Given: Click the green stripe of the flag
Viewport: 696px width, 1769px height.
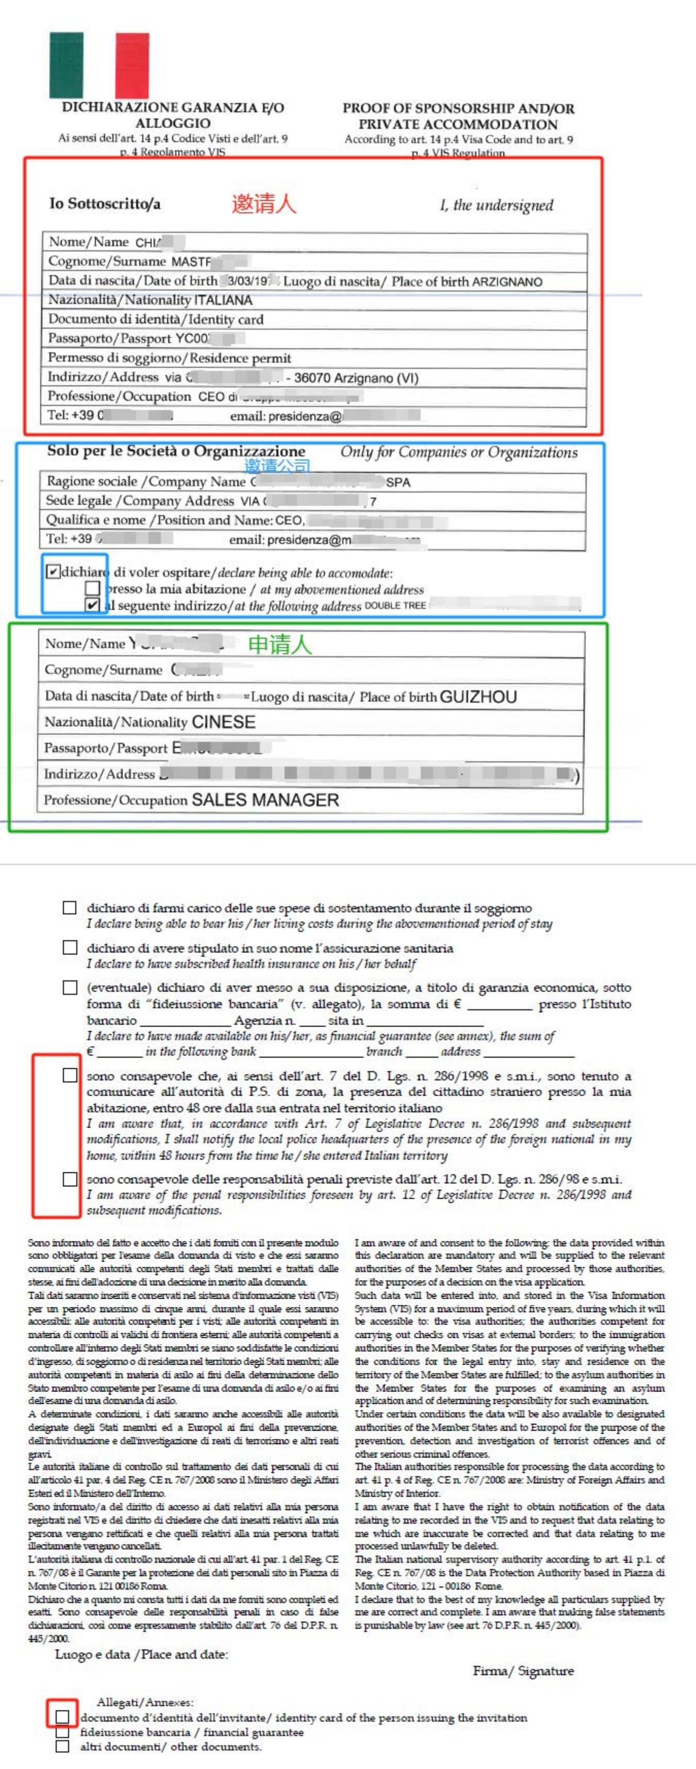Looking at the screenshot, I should coord(66,65).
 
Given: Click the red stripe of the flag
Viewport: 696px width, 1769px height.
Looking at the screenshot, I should coord(131,65).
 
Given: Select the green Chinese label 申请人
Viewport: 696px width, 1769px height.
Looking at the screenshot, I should coord(279,644).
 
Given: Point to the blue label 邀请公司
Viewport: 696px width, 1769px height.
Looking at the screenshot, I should coord(277,466).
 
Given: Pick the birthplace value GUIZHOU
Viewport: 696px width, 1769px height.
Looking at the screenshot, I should coord(478,697).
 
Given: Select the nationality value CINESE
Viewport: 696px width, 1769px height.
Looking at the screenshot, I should coord(223,722).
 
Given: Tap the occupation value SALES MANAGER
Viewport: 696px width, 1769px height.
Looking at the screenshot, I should coord(265,800).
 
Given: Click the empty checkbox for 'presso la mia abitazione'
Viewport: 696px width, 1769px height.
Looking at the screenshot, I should coord(92,588).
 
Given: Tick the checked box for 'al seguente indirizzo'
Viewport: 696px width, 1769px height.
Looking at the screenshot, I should coord(92,605).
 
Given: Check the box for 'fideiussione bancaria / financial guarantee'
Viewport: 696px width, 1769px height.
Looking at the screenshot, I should coord(62,1732).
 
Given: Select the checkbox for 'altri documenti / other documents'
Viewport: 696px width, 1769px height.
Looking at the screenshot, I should coord(62,1746).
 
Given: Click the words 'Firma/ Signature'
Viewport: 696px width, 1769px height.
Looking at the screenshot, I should coord(523,1671).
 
